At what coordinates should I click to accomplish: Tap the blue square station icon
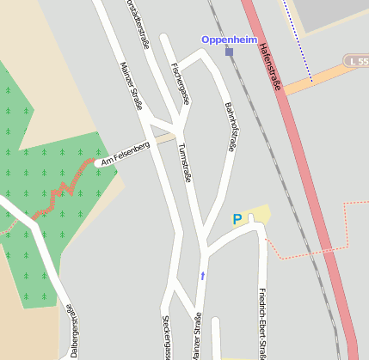[229, 52]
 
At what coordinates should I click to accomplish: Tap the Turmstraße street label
[183, 162]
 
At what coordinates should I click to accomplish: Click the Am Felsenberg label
[126, 155]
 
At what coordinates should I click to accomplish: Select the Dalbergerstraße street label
[71, 331]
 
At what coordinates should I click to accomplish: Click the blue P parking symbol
[237, 219]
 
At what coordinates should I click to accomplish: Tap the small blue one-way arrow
[203, 276]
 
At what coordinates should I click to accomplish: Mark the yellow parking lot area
[258, 215]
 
